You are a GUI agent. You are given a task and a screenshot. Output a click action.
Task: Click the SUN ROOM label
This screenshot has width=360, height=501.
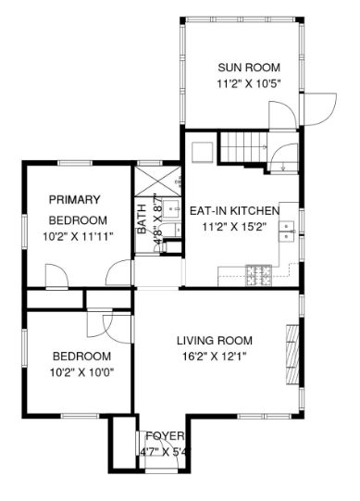click(249, 68)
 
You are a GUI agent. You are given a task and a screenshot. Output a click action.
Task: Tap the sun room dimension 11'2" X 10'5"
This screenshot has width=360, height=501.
click(249, 83)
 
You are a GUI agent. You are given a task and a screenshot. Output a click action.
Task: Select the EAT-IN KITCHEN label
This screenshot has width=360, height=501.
click(234, 211)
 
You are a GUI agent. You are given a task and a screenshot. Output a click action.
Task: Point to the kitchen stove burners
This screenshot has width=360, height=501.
click(259, 275)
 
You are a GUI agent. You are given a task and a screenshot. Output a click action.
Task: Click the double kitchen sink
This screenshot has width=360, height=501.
click(287, 231)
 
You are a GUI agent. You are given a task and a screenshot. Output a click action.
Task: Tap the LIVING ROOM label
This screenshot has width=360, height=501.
click(215, 340)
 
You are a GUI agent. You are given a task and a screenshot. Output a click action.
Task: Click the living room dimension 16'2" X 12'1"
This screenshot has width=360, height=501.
click(214, 356)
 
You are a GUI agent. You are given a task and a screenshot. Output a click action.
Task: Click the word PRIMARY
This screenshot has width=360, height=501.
click(74, 200)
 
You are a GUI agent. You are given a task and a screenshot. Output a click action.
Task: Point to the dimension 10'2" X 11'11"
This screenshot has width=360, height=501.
click(79, 237)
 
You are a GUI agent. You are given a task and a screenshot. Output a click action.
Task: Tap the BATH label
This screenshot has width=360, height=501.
click(142, 219)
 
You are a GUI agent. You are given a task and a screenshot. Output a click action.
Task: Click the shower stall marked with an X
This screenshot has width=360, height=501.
click(157, 181)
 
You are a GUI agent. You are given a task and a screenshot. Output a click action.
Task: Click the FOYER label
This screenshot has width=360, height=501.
click(165, 436)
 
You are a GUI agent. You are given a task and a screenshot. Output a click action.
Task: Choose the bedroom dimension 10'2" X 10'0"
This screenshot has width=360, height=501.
click(82, 372)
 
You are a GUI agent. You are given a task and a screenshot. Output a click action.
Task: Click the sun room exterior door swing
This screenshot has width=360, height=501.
click(319, 108)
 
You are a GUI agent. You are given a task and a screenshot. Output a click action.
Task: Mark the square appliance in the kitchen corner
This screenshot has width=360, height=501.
click(202, 152)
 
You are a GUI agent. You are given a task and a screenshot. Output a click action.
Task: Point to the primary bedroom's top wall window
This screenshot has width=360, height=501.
click(75, 163)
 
